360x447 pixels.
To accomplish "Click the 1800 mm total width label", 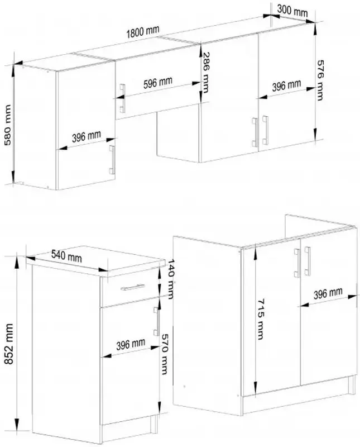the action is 143,32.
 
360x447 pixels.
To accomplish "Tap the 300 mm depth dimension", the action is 292,11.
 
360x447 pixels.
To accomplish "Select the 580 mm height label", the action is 7,125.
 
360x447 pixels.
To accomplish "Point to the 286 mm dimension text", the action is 206,73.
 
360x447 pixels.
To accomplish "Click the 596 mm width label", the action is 157,83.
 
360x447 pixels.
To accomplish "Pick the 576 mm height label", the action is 320,80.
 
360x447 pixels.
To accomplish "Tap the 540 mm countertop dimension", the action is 66,256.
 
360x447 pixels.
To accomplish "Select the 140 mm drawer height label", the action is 171,278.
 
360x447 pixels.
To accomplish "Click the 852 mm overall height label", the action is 9,344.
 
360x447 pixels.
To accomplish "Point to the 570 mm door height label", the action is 165,354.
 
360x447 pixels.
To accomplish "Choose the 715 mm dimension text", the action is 260,318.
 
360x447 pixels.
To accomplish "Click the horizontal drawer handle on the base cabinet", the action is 132,287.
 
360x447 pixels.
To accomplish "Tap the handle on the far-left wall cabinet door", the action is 112,160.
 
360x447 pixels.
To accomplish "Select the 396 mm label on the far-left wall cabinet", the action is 87,136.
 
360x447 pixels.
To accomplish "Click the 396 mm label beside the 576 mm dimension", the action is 286,85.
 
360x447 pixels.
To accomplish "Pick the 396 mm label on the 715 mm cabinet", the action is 328,294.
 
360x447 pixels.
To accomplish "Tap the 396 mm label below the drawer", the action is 131,344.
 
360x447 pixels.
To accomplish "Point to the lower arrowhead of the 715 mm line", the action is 256,388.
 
